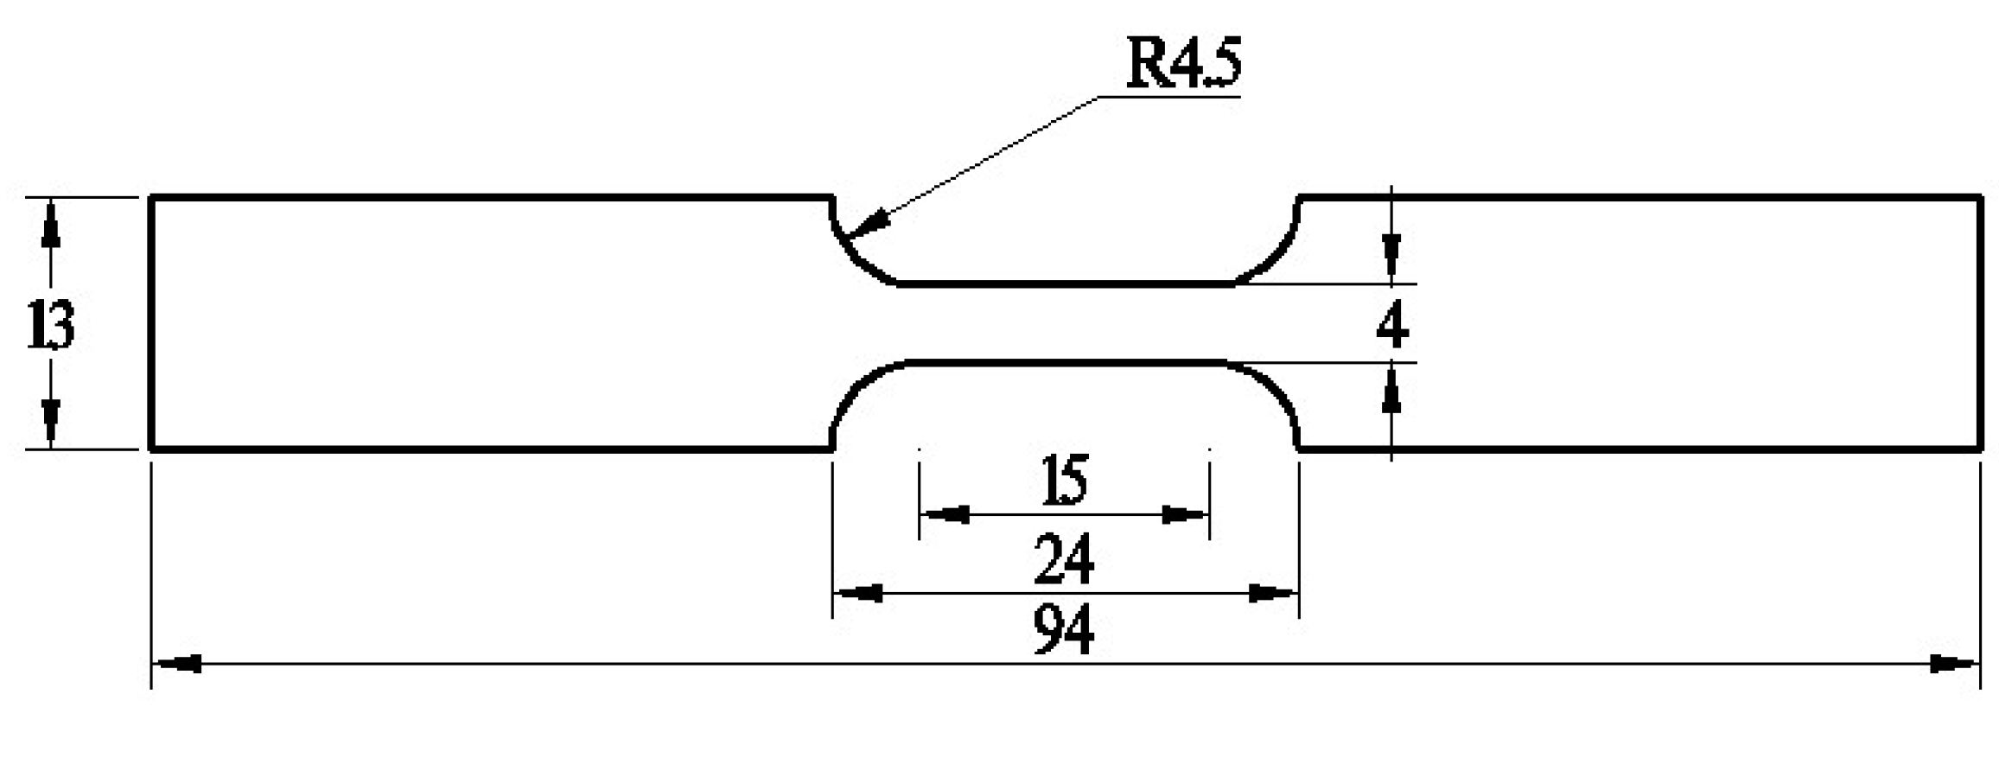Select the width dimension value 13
51,325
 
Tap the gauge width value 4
1391,326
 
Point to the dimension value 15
1064,481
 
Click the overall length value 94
1064,631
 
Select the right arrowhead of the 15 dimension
1185,515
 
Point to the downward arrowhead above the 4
1391,257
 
